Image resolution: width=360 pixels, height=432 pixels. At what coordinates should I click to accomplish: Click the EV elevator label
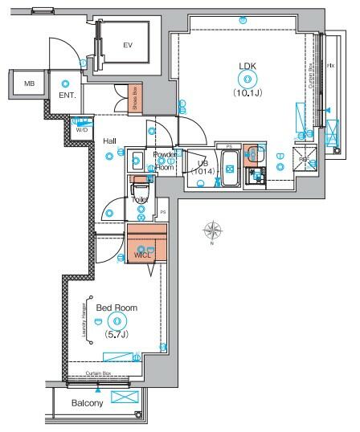pyautogui.click(x=127, y=46)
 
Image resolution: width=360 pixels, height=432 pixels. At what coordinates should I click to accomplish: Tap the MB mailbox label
pyautogui.click(x=29, y=84)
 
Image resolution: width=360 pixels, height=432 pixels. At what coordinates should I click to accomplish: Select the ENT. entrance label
pyautogui.click(x=67, y=96)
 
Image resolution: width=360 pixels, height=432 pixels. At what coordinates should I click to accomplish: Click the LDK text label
pyautogui.click(x=247, y=66)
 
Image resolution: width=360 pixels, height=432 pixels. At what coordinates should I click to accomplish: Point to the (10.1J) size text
pyautogui.click(x=247, y=92)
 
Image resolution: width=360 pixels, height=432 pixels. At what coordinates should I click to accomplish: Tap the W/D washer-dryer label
pyautogui.click(x=81, y=128)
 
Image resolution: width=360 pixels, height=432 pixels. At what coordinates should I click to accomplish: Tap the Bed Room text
pyautogui.click(x=117, y=308)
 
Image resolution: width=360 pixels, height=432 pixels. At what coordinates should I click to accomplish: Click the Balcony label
pyautogui.click(x=87, y=403)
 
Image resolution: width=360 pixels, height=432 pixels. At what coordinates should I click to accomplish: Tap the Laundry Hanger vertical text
pyautogui.click(x=84, y=322)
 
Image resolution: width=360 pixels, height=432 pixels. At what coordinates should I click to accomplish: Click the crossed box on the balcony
pyautogui.click(x=125, y=398)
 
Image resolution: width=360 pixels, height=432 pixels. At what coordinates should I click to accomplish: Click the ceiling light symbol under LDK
pyautogui.click(x=247, y=79)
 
